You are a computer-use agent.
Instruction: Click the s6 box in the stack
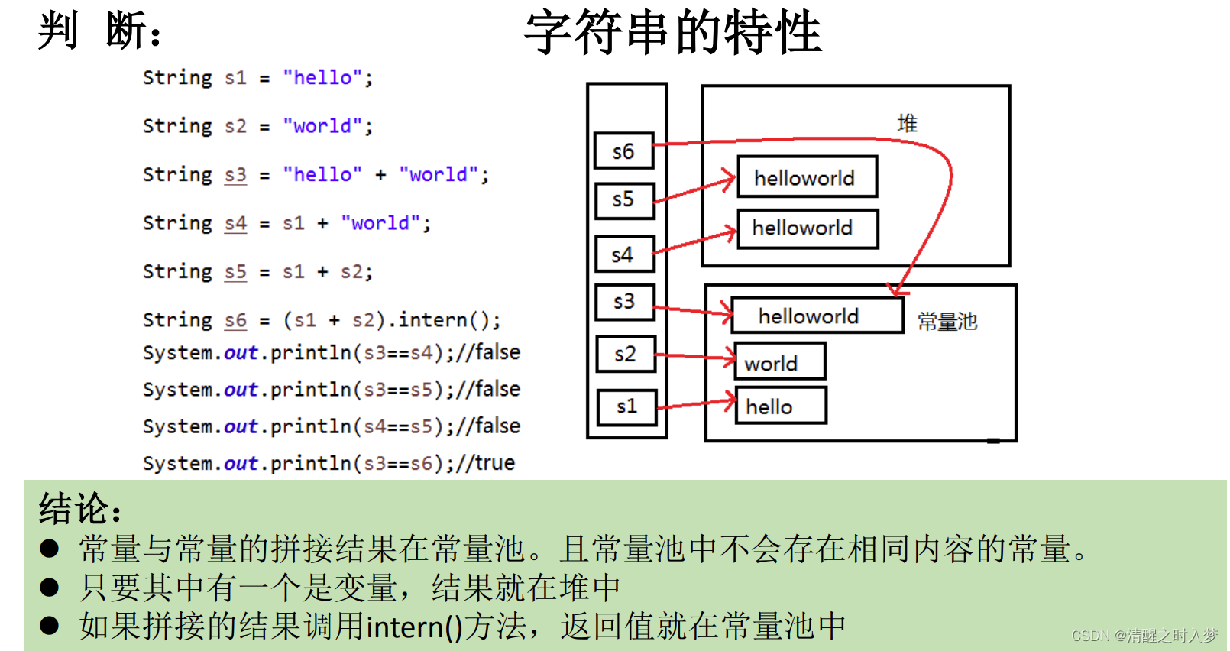pyautogui.click(x=623, y=151)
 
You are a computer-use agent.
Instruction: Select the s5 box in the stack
pyautogui.click(x=623, y=200)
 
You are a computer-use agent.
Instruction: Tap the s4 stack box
pyautogui.click(x=623, y=254)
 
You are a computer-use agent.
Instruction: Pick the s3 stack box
pyautogui.click(x=623, y=302)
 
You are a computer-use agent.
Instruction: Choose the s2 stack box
pyautogui.click(x=625, y=355)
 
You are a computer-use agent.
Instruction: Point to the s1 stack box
pyautogui.click(x=626, y=406)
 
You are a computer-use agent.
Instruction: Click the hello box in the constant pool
pyautogui.click(x=780, y=406)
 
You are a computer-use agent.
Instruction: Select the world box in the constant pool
pyautogui.click(x=779, y=361)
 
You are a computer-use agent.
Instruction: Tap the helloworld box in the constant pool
pyautogui.click(x=817, y=316)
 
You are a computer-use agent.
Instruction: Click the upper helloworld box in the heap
pyautogui.click(x=807, y=177)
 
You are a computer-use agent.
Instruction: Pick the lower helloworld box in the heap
pyautogui.click(x=807, y=228)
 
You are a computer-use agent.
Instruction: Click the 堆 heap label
pyautogui.click(x=907, y=124)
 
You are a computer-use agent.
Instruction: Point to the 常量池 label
pyautogui.click(x=947, y=322)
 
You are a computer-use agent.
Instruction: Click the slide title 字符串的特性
pyautogui.click(x=672, y=32)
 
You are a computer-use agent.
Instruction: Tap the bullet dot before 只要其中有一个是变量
pyautogui.click(x=50, y=588)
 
